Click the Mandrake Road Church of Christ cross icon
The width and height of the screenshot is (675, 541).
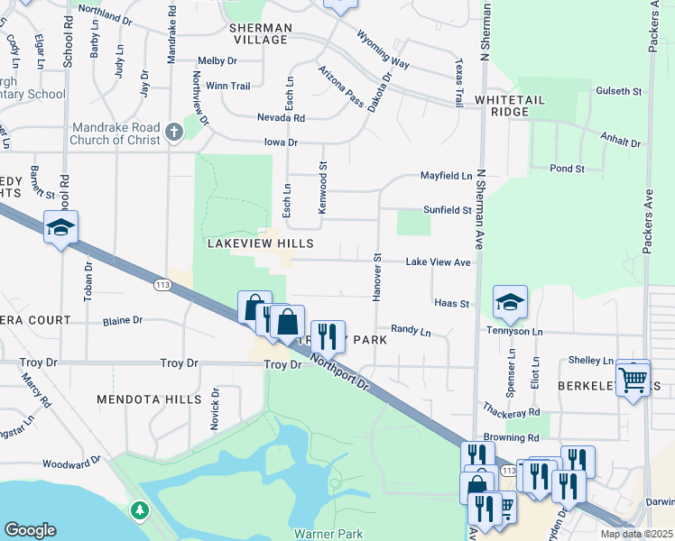pos(174,133)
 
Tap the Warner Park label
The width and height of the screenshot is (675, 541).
pos(328,534)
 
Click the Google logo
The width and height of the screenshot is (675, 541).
pos(30,529)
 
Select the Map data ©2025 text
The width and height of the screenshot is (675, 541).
pos(635,534)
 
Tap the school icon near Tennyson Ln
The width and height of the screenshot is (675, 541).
pos(510,304)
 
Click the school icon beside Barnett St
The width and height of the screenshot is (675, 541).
pos(60,229)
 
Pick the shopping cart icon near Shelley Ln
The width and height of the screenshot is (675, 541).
pos(633,378)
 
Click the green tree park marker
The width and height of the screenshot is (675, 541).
pos(138,511)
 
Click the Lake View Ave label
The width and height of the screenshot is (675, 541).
pos(438,261)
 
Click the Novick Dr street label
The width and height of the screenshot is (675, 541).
pos(215,409)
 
